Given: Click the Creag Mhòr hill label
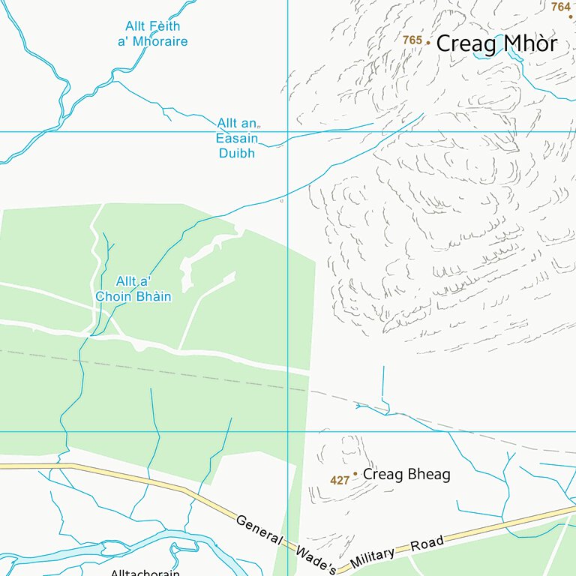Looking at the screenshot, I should coord(496,43).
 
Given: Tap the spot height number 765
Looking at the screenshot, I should coord(412,40).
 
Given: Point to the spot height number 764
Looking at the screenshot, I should coord(560,7).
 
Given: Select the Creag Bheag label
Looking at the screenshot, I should coord(406,475).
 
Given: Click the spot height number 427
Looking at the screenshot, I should coord(340,480).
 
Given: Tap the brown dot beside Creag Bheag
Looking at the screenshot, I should coord(355,474).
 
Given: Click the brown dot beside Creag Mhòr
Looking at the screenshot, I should coord(428,43).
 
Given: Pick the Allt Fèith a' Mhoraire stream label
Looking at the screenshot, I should coord(152,34).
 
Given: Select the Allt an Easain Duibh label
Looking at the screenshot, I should coord(237,138).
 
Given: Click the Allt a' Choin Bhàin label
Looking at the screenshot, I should coord(133,289).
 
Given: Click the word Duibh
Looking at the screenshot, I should coord(237,153).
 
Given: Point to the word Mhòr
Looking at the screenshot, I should coord(529,43).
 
